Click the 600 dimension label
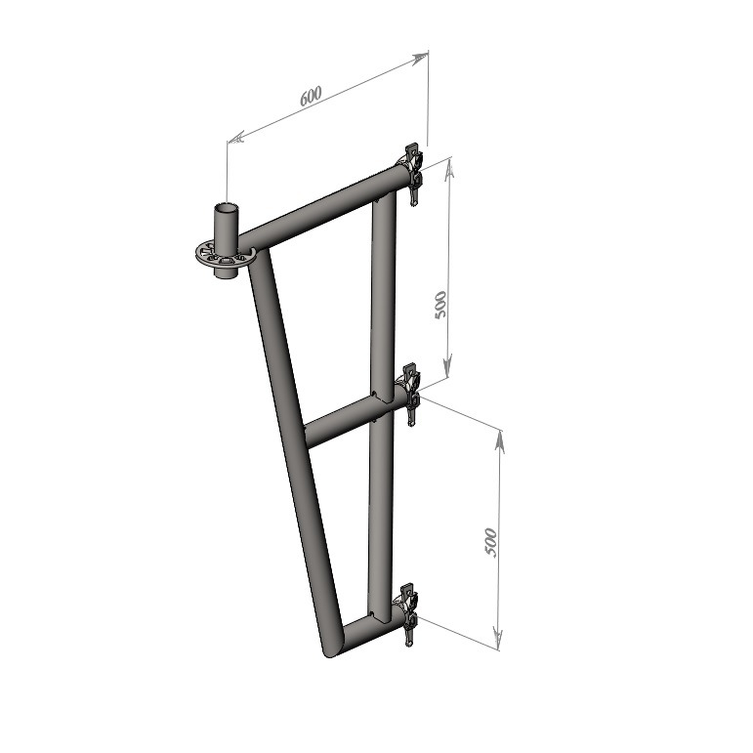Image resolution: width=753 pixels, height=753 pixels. (311, 96)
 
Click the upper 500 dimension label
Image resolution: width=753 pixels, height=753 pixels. (440, 305)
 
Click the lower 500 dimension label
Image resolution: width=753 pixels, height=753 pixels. (490, 542)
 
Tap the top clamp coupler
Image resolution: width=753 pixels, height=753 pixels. (410, 174)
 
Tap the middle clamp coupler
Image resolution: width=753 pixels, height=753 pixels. (409, 394)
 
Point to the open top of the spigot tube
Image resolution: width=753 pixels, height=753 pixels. (226, 208)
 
